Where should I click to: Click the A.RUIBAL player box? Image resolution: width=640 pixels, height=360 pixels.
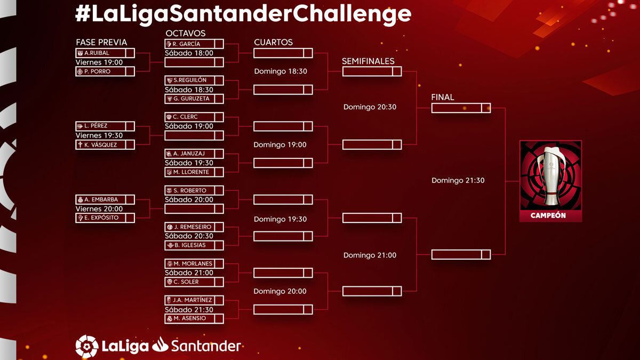point(105,53)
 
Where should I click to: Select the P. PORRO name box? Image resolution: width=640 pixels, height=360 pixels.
point(105,71)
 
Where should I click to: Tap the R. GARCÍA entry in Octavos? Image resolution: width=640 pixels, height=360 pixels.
point(194,44)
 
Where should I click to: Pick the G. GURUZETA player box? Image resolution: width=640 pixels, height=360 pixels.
point(194,99)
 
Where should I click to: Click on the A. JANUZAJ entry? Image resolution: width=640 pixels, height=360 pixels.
point(194,154)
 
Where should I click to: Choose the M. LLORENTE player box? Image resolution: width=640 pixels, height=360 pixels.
point(194,172)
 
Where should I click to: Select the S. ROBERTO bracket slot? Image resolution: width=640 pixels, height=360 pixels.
point(194,190)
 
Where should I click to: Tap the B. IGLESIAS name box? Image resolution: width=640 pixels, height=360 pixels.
point(194,245)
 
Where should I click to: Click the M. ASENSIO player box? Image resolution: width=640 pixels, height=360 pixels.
point(194,318)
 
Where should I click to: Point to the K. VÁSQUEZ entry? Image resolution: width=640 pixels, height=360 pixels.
point(105,145)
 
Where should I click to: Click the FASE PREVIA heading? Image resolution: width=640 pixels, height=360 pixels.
point(101,42)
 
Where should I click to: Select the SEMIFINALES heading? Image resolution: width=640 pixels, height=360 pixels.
point(368,61)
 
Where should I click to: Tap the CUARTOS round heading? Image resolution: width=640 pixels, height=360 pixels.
point(274,42)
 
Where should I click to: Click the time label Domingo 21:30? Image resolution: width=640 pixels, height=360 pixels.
point(458,180)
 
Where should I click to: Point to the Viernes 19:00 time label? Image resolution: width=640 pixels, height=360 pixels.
point(99,62)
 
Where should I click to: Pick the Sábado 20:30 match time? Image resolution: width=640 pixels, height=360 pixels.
point(189,236)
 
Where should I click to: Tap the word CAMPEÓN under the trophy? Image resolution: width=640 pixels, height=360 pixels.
point(548,215)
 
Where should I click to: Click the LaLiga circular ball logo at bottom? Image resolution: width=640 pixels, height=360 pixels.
point(87,346)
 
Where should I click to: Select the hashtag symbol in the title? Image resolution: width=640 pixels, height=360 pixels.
point(83,13)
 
